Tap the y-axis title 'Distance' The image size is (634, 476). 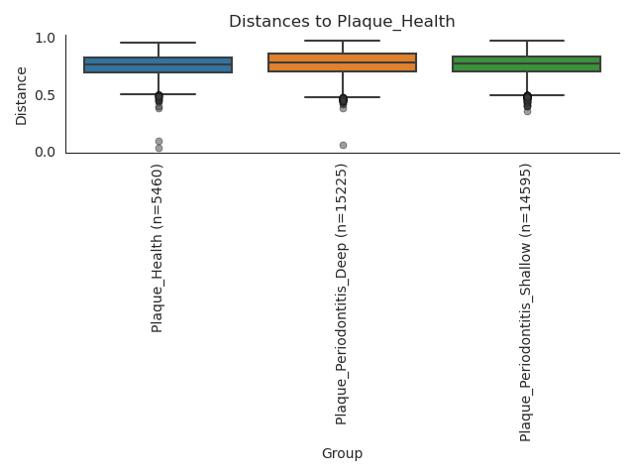22,95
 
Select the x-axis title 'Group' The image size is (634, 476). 342,453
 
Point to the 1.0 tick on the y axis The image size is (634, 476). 45,39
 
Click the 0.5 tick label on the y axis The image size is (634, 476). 45,95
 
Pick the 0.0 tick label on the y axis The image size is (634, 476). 45,152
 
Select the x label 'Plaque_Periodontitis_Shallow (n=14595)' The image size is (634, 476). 526,301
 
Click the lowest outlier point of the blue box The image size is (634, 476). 158,148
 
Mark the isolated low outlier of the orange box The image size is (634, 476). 343,145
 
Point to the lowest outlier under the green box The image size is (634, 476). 527,111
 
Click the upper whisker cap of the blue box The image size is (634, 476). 158,43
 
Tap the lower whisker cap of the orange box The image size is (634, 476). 343,97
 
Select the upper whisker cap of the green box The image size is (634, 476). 526,41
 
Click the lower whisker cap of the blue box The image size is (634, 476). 158,94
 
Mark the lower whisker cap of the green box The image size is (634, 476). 526,95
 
